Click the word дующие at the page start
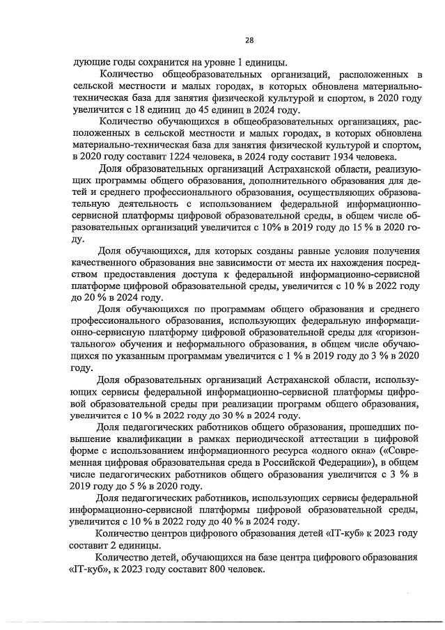click(x=88, y=62)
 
